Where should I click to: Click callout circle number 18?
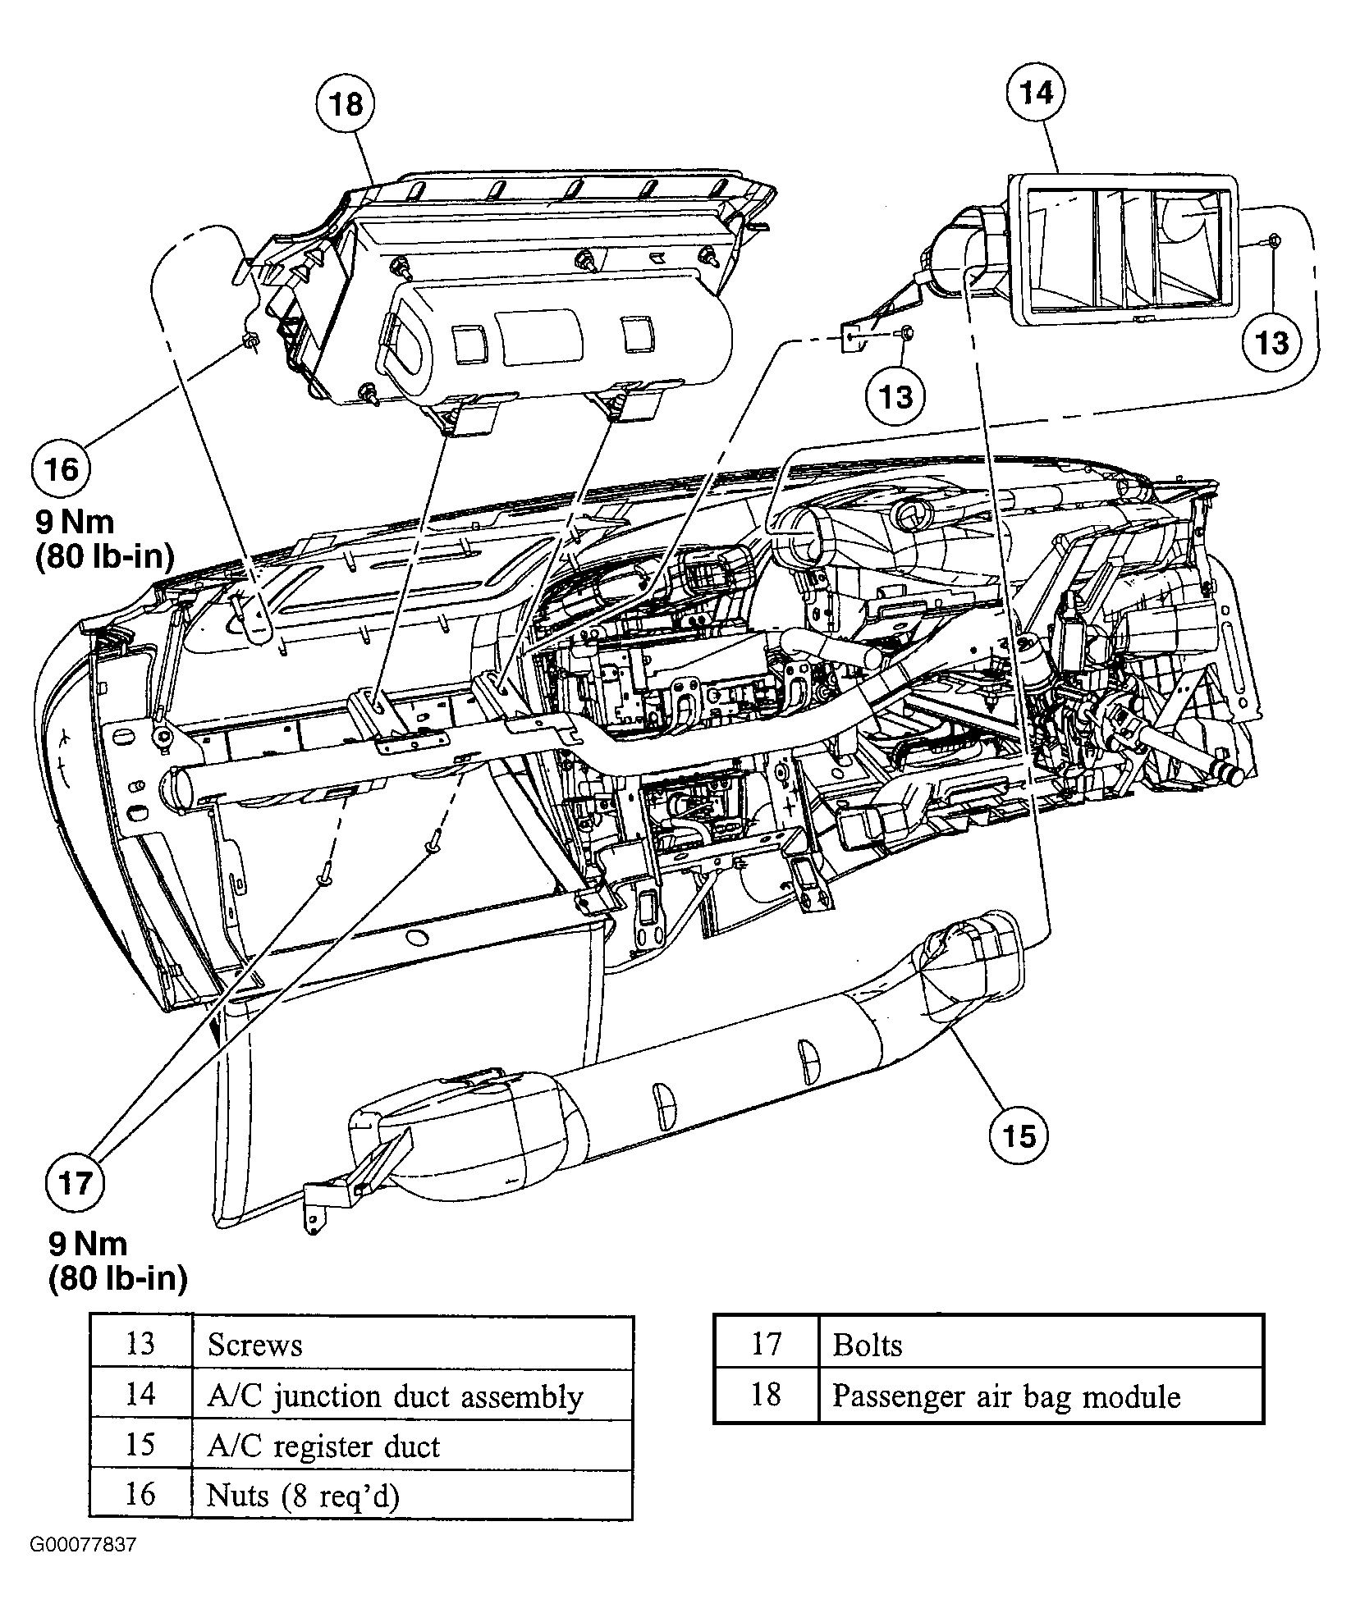pyautogui.click(x=346, y=104)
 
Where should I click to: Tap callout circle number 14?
pyautogui.click(x=1036, y=92)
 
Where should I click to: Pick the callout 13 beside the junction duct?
pyautogui.click(x=1271, y=341)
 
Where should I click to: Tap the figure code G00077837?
pyautogui.click(x=83, y=1568)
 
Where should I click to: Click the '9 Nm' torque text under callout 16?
pyautogui.click(x=75, y=522)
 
